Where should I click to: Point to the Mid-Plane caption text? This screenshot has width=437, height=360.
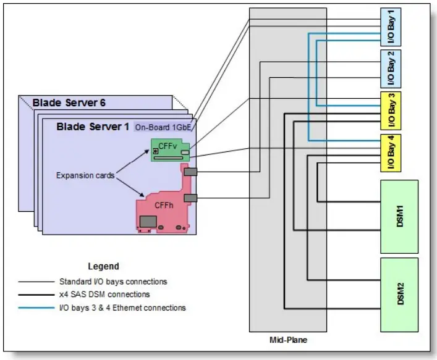[x=287, y=340]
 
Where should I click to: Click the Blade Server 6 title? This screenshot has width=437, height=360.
[x=66, y=103]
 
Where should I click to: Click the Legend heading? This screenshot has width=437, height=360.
[x=103, y=267]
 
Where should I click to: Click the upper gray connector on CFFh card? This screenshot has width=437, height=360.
[x=190, y=172]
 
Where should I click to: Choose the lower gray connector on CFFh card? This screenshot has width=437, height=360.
[x=190, y=198]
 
